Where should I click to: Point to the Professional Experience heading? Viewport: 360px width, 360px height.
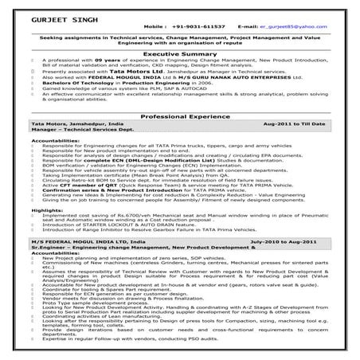(x=179, y=116)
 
